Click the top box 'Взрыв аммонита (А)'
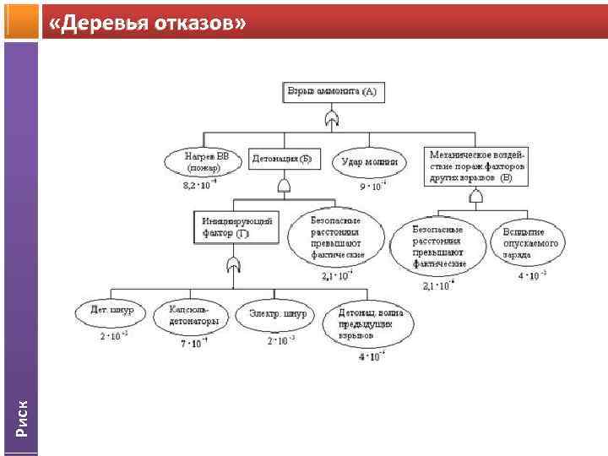(x=332, y=91)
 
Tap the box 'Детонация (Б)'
(x=282, y=158)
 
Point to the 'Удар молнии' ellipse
(x=371, y=161)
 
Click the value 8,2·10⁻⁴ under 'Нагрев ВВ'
(x=200, y=185)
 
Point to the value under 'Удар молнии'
(x=372, y=185)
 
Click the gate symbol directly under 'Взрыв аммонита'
(x=332, y=119)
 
